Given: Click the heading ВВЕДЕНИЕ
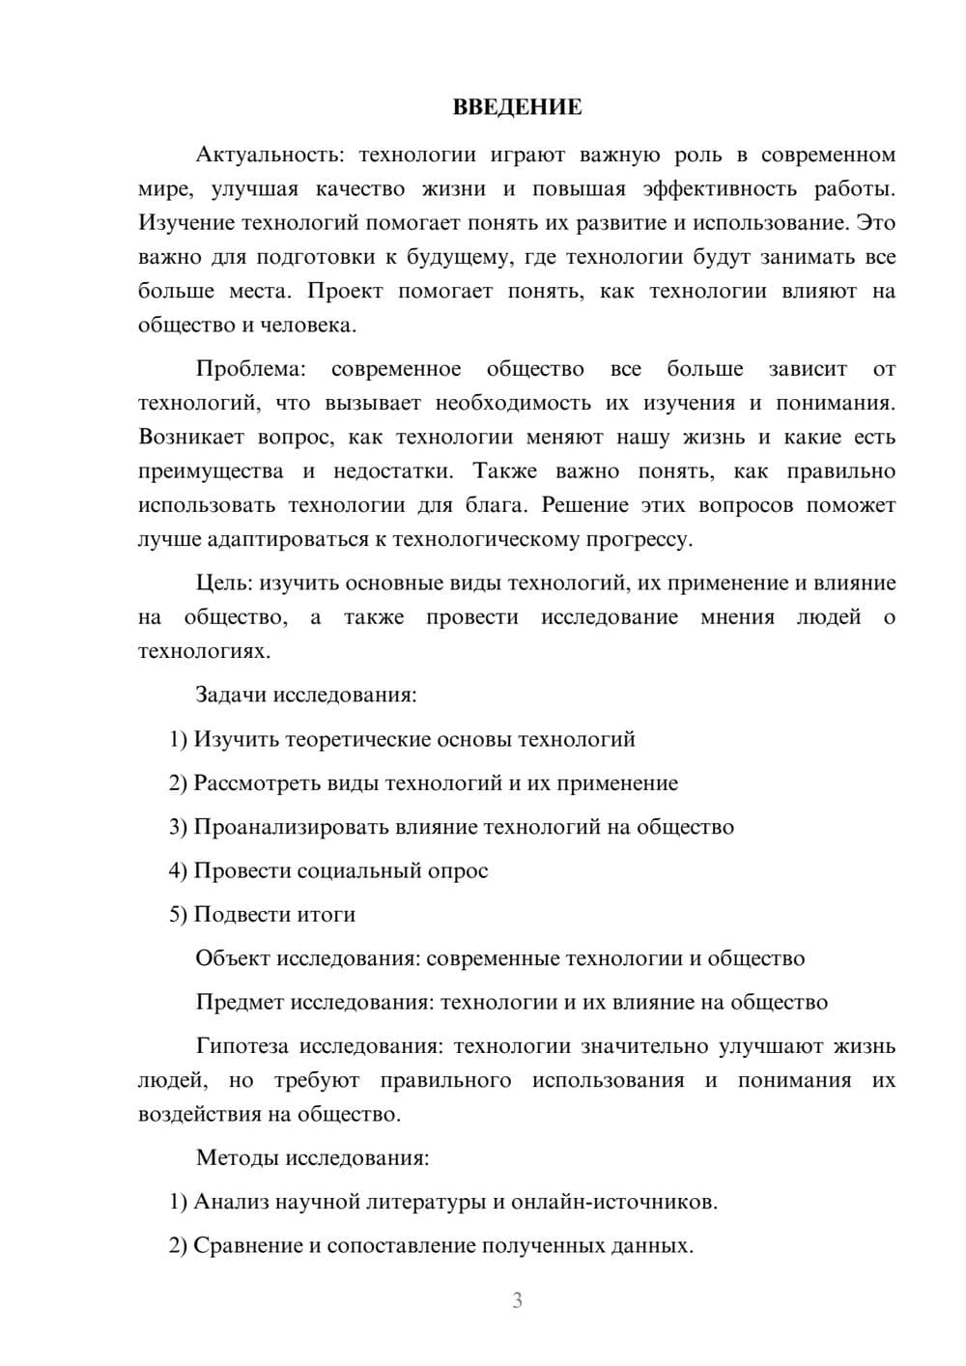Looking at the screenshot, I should pos(517,107).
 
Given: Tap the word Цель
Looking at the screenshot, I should pos(223,583).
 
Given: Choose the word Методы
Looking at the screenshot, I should pos(233,1157).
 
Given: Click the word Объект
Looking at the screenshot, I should pos(233,958).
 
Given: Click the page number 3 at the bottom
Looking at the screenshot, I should pos(517,1300).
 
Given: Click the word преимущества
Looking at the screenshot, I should pos(211,471).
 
